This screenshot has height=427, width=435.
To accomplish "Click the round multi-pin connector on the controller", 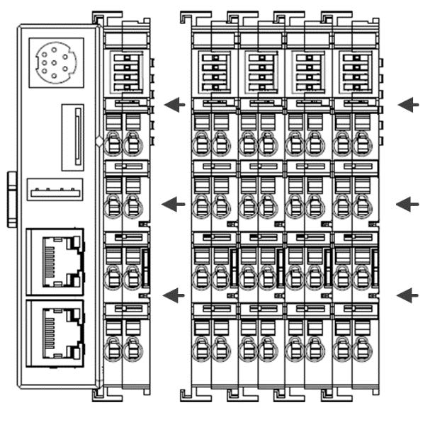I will tap(56, 62).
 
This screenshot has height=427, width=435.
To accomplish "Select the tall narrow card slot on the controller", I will tap(72, 137).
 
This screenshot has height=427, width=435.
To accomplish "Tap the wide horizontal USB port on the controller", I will tap(55, 190).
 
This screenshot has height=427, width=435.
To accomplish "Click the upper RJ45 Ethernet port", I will tap(55, 261).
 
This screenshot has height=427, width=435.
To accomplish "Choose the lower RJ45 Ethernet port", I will tap(55, 333).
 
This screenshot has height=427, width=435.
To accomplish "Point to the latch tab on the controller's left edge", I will tap(11, 199).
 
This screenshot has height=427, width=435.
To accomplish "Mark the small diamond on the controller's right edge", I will tap(99, 140).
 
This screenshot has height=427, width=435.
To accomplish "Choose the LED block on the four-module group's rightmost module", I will tap(354, 72).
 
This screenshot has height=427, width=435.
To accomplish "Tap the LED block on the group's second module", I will tap(260, 72).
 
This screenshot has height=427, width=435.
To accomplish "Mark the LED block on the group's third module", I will tap(307, 72).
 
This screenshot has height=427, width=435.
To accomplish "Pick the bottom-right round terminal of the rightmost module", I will tap(363, 349).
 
